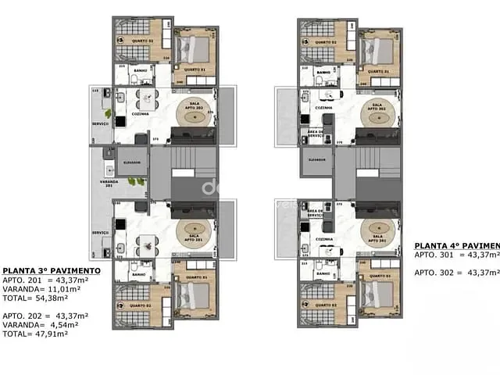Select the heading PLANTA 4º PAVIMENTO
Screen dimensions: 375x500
(456, 245)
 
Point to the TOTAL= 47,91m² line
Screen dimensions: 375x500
(34, 334)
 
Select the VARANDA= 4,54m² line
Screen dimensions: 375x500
(36, 324)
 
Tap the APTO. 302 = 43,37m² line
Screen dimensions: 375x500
(456, 273)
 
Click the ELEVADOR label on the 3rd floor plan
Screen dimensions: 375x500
(132, 162)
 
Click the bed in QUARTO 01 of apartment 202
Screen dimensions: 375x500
(195, 52)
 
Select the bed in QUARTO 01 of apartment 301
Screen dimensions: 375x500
(380, 295)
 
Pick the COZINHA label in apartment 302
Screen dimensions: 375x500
(323, 108)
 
